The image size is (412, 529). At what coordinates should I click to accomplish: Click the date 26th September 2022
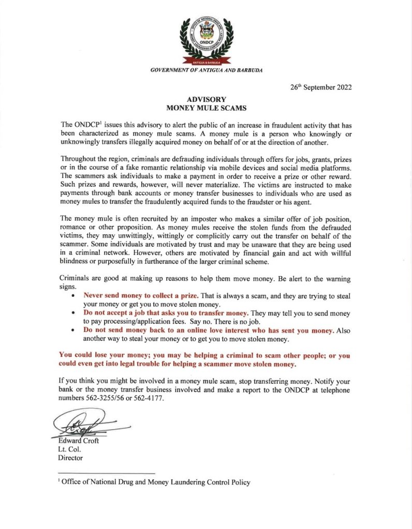[321, 87]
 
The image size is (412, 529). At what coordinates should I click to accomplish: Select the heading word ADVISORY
[205, 99]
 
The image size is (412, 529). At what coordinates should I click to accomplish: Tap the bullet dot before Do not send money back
[75, 330]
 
